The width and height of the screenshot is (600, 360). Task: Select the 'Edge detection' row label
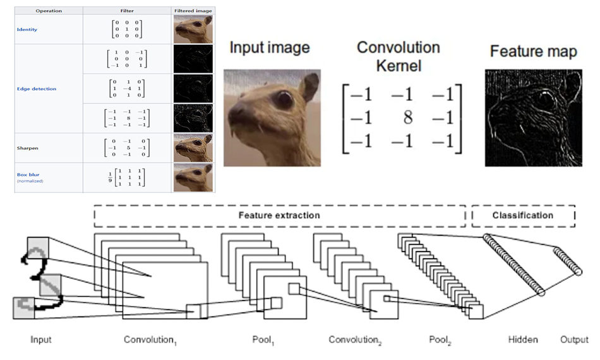(x=37, y=89)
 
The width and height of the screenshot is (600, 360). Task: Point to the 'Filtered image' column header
(x=193, y=11)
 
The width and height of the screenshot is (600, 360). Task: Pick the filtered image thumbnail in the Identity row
(x=193, y=29)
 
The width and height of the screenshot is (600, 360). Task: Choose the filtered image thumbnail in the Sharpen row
(x=193, y=148)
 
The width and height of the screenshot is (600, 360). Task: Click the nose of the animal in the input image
(x=235, y=114)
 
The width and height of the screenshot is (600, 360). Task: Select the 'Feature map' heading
(x=533, y=52)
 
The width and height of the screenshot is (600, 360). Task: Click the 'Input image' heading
(x=270, y=48)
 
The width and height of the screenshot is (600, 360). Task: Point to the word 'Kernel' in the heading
(x=398, y=65)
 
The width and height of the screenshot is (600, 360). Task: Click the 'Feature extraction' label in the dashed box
(x=279, y=215)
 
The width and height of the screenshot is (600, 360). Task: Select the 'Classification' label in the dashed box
(x=522, y=215)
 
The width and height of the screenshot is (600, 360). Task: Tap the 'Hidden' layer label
(x=523, y=340)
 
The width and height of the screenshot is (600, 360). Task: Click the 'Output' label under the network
(x=574, y=340)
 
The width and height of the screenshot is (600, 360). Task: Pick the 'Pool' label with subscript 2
(x=441, y=340)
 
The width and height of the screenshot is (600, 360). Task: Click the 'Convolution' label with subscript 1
(x=150, y=340)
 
